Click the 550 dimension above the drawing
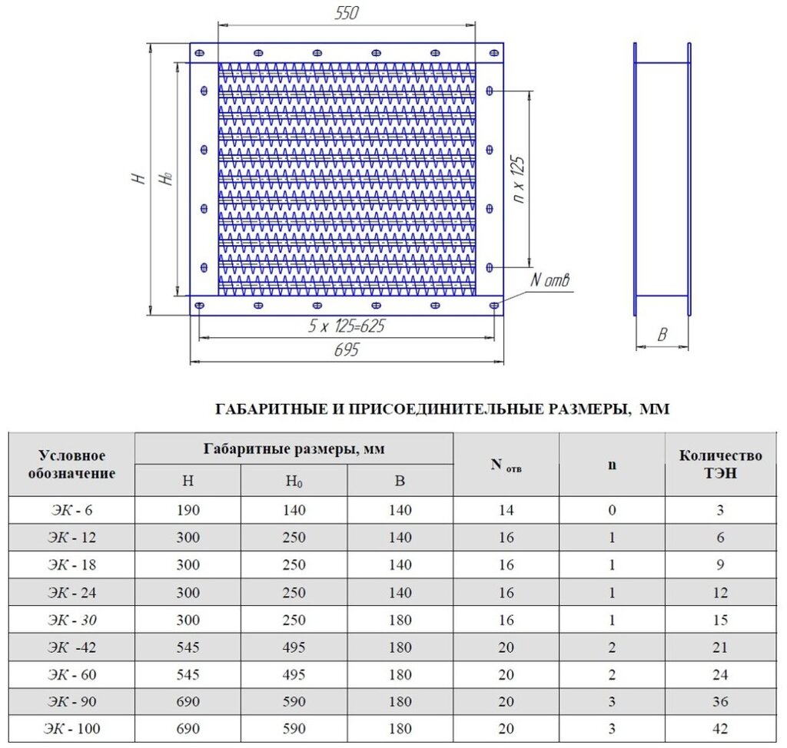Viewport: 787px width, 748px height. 347,13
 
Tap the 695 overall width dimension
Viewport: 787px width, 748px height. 347,350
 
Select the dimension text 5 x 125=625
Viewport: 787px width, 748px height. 346,326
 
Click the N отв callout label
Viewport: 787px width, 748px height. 550,281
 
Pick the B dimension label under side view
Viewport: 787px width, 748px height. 662,335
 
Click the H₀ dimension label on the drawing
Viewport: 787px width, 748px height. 165,178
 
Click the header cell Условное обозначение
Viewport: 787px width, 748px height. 71,465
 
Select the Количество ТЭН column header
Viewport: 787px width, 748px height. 720,465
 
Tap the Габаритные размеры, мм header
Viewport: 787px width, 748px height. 294,448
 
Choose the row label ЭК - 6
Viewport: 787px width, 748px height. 71,510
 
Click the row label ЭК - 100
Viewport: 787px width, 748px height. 71,729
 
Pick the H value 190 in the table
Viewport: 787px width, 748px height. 188,510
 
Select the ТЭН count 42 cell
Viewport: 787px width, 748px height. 720,729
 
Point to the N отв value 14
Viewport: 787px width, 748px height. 506,510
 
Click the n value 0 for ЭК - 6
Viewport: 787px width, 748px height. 612,510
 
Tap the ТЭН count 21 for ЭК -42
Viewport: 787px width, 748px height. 720,647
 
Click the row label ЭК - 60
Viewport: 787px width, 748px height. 71,674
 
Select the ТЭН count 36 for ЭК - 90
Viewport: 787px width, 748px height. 720,702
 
